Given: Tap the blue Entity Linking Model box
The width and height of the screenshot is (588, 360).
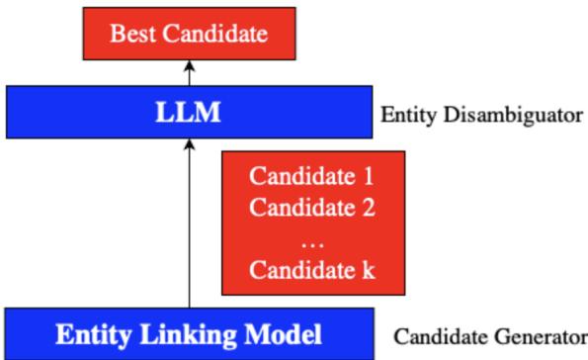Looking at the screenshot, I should pos(188,333).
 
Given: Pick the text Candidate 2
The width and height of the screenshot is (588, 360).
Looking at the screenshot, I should pos(312,210).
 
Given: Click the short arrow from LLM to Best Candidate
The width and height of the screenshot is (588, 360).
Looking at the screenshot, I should pos(189,75).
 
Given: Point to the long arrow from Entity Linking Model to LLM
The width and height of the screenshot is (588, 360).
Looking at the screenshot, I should pos(189,227).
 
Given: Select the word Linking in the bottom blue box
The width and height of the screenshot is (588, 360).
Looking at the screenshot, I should pos(188,333).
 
